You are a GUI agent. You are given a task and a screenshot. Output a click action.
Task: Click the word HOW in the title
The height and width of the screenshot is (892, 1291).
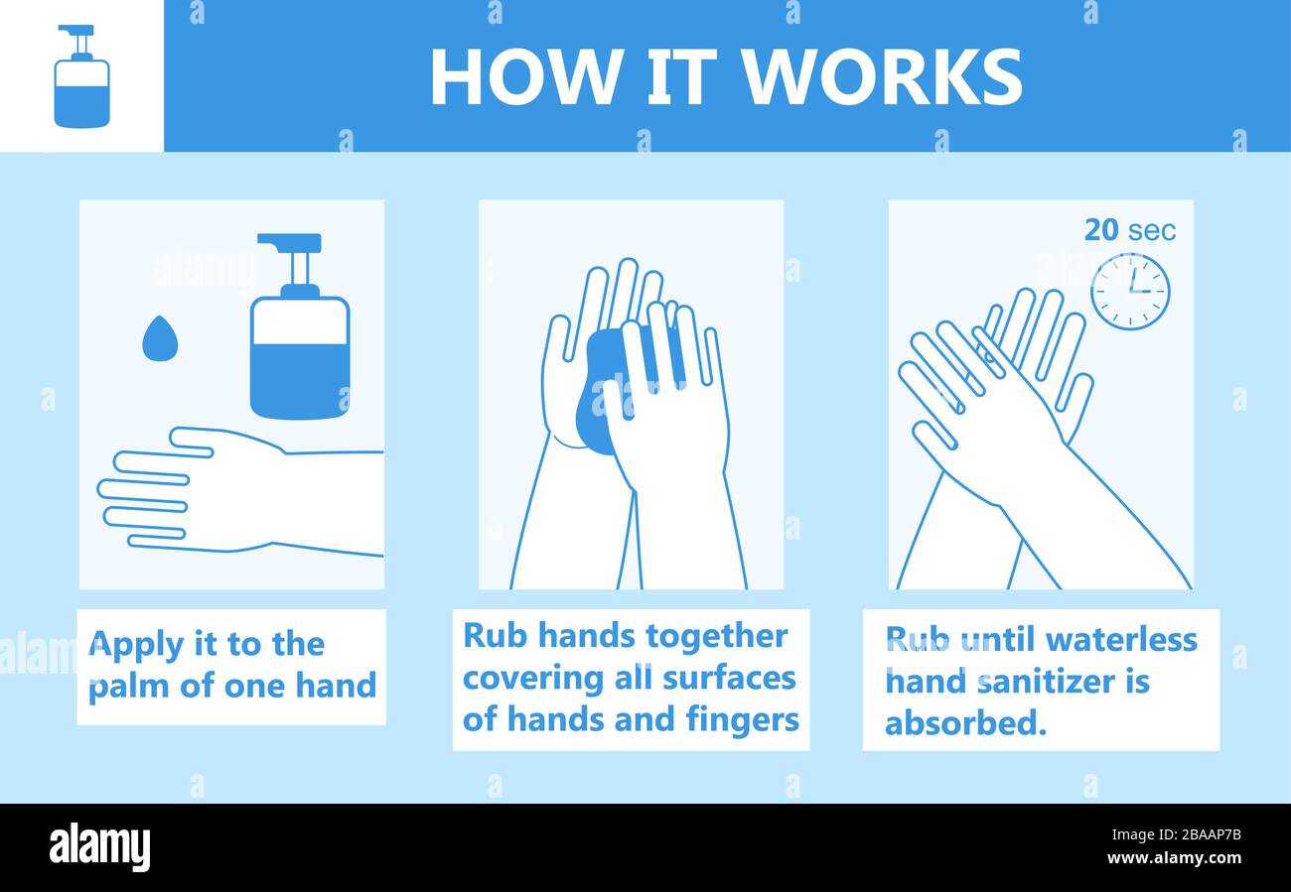pos(524,77)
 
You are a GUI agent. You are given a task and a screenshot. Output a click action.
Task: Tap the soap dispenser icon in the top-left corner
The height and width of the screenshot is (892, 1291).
pos(81,77)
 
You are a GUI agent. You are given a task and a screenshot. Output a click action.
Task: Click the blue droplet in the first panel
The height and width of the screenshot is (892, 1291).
pos(157,338)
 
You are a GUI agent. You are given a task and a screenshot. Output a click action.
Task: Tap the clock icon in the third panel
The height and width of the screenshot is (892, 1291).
pos(1130,292)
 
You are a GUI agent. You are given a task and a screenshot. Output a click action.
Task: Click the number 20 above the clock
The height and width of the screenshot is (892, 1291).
pos(1100,230)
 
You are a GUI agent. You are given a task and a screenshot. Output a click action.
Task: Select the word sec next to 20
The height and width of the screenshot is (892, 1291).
pos(1152,231)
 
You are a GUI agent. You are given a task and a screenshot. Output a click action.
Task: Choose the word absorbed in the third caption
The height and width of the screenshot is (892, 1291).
pos(965,723)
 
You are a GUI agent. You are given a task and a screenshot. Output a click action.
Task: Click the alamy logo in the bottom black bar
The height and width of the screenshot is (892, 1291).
pos(99,848)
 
